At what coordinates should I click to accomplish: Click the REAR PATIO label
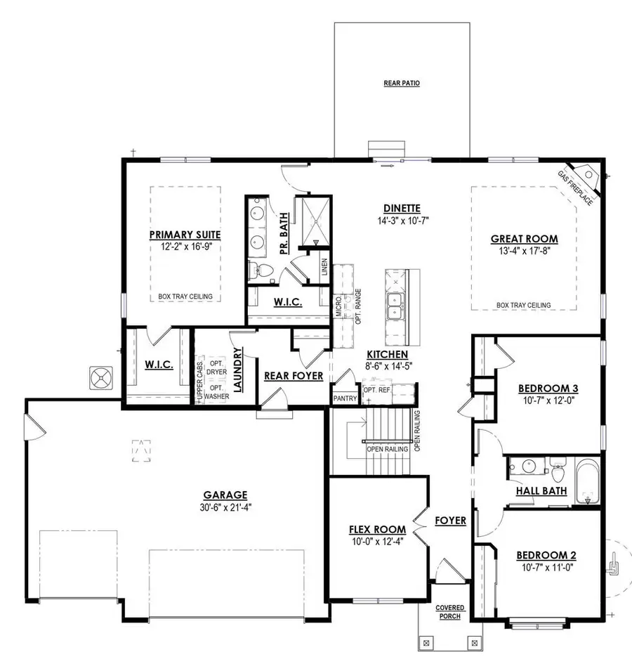tap(402, 83)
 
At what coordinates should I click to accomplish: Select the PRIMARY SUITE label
tap(185, 235)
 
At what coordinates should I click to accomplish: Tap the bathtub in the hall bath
tap(588, 481)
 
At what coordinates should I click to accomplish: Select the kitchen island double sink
tap(394, 307)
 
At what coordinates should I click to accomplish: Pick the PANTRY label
tap(345, 399)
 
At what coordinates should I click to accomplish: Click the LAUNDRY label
tap(239, 368)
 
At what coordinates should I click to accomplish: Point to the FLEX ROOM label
tap(378, 529)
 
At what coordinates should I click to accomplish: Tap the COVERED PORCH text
tap(449, 611)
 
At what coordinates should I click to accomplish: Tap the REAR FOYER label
tap(294, 376)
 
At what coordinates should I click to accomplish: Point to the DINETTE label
tap(402, 208)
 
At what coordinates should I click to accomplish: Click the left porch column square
tap(426, 642)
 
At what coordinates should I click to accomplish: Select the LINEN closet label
tap(323, 268)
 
